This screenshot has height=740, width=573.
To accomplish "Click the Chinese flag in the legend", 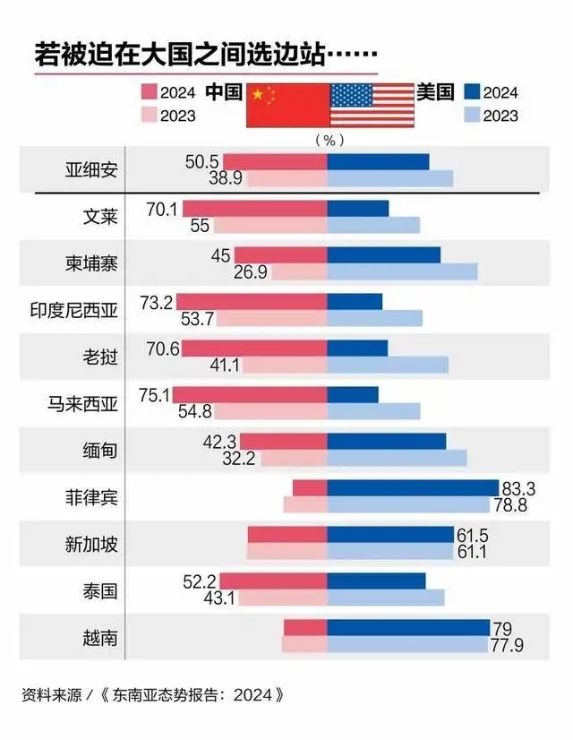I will tap(286, 104).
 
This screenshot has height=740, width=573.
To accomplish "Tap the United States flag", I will tap(372, 104).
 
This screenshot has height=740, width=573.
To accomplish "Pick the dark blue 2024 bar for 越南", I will tap(408, 627).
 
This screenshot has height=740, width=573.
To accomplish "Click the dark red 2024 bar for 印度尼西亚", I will tap(252, 302).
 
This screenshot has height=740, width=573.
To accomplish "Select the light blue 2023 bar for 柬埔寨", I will tap(402, 271).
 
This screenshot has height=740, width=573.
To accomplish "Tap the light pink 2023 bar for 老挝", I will tap(285, 365).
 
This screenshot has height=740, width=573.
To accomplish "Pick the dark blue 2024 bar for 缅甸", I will tap(387, 442).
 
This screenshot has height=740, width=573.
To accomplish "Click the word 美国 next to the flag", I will tap(435, 91).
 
